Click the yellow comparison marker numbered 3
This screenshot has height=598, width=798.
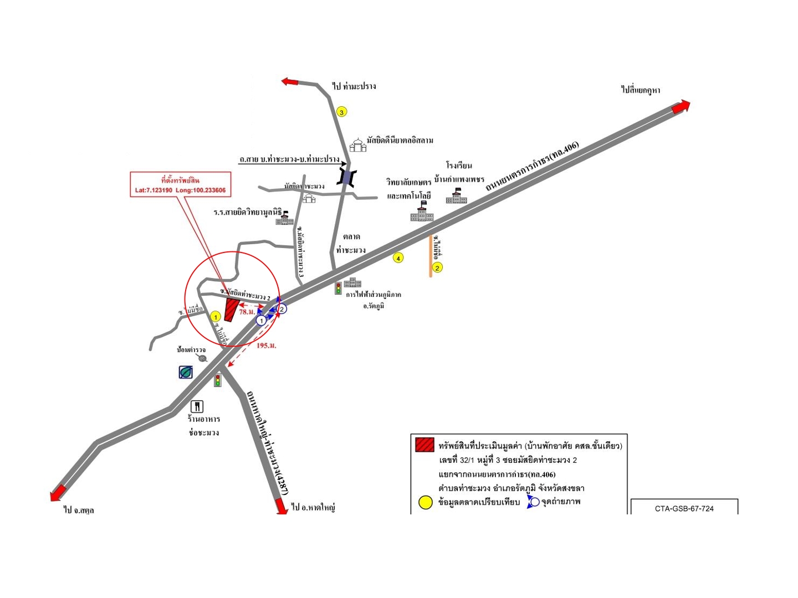(342, 112)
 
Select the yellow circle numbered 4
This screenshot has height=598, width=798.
(398, 257)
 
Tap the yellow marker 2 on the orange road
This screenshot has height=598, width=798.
(437, 268)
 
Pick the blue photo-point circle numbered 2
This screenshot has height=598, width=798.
(282, 309)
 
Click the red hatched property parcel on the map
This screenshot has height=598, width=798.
(231, 310)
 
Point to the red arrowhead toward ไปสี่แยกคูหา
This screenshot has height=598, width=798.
(682, 106)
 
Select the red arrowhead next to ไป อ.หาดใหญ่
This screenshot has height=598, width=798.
(282, 507)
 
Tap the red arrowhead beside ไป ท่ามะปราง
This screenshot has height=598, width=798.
(290, 82)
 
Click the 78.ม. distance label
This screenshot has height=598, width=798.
(247, 312)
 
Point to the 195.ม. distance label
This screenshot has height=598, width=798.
(267, 346)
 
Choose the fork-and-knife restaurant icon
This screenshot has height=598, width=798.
(197, 407)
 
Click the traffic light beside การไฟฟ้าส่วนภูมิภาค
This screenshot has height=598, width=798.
(338, 288)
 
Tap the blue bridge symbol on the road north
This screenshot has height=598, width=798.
(347, 177)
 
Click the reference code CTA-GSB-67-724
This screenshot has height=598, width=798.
(684, 508)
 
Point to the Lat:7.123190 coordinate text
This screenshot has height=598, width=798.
(154, 190)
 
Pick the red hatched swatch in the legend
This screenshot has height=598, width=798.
(424, 445)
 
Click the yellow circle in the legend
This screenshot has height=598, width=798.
(425, 503)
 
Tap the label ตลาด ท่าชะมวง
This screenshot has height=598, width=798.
(351, 244)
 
